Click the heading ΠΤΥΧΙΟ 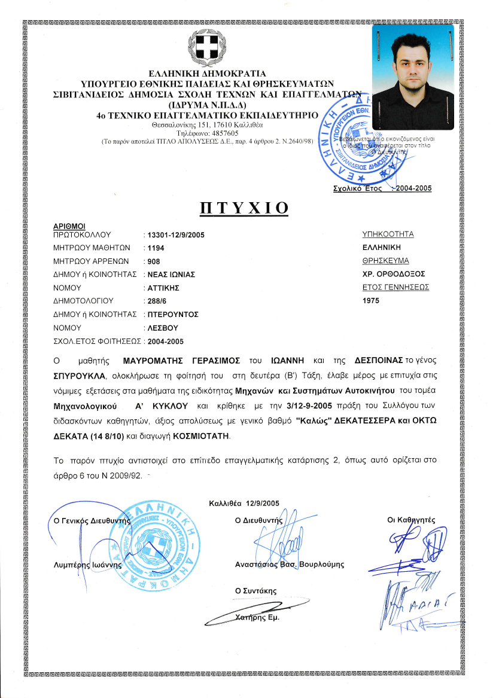(x=244, y=208)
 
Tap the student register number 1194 (x=156, y=248)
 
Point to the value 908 (x=154, y=261)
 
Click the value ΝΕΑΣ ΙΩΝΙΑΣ (x=172, y=275)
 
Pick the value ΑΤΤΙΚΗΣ (x=164, y=288)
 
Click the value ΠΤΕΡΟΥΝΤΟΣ (x=173, y=314)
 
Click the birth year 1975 (x=371, y=300)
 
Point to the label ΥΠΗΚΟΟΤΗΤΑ (x=388, y=234)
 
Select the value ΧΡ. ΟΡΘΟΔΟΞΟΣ (x=393, y=274)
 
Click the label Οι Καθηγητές (x=412, y=520)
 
